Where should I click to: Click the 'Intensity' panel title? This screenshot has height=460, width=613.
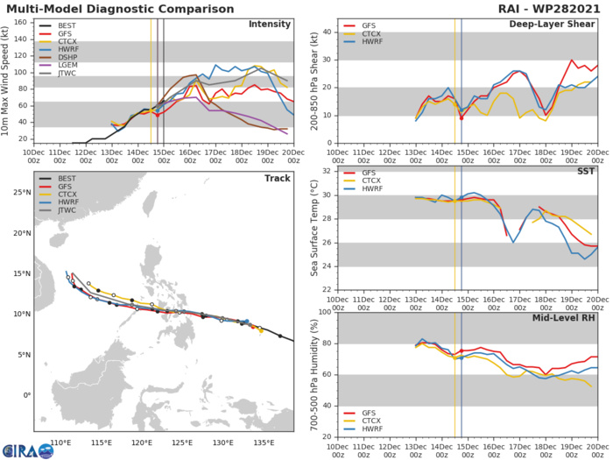coord(270,24)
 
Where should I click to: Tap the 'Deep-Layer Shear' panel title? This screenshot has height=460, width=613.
coord(553,24)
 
